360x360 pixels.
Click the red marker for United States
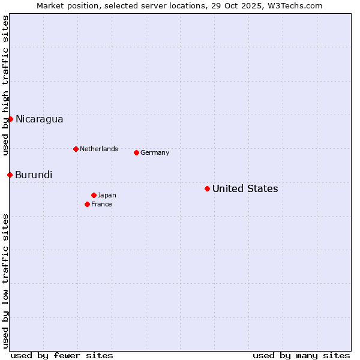tap(207, 189)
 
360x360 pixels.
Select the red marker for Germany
tap(136, 152)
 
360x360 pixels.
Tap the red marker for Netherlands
tap(76, 149)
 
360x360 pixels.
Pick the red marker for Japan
tap(94, 195)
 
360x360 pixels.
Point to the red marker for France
tap(87, 204)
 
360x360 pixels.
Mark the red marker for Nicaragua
tap(10, 119)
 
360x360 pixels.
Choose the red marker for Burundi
tap(10, 175)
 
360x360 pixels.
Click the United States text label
tap(245, 189)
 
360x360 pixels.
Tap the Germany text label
tap(155, 153)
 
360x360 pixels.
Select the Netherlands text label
tap(99, 149)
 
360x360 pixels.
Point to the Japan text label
tap(107, 196)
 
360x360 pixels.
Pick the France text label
tap(101, 205)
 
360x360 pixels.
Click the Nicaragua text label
tap(40, 119)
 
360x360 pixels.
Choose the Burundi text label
tap(34, 175)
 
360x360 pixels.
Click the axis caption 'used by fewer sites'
tap(62, 355)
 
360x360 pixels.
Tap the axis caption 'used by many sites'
tap(301, 355)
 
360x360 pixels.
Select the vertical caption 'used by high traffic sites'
tap(5, 85)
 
